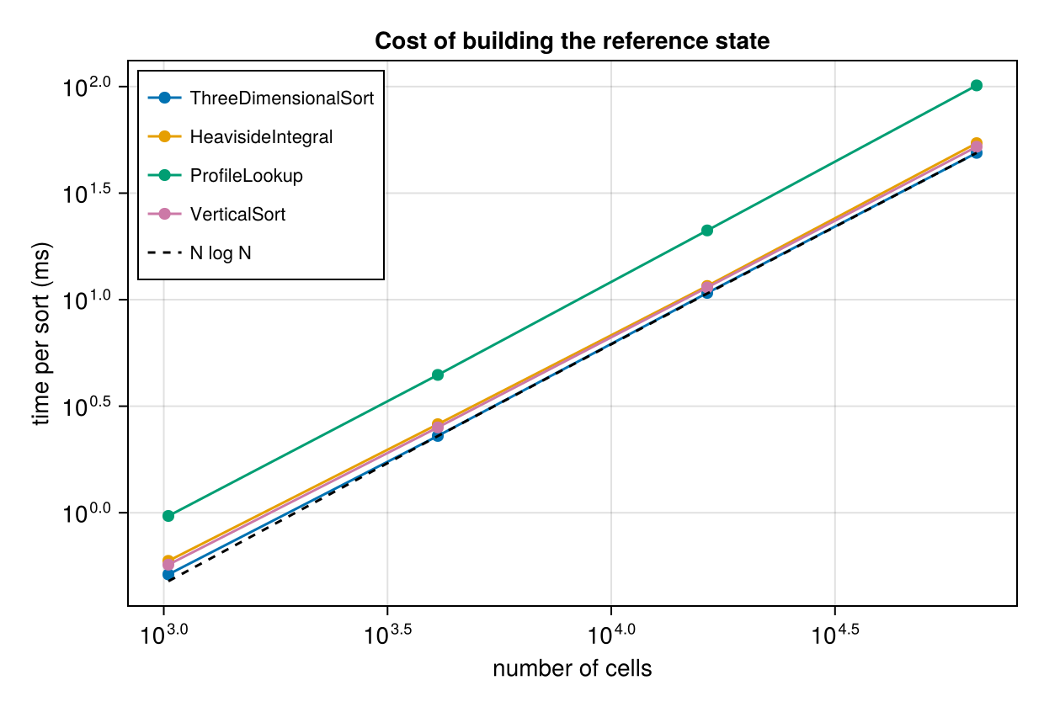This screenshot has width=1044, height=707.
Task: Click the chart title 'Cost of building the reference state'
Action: click(572, 41)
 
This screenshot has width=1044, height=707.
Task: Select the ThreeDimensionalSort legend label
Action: click(282, 98)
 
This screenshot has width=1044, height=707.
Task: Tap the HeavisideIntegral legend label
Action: click(261, 137)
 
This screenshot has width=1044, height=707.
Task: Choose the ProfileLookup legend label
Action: click(246, 176)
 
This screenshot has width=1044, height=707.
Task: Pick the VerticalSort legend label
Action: click(237, 215)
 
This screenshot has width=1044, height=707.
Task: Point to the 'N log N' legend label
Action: click(221, 253)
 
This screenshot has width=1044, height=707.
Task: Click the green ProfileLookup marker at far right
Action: click(977, 85)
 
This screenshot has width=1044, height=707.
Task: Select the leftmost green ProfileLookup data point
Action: click(168, 516)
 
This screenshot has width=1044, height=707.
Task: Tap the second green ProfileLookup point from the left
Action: click(438, 375)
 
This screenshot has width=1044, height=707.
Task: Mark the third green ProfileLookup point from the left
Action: click(707, 231)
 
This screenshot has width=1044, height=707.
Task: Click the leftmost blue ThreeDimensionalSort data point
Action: click(168, 575)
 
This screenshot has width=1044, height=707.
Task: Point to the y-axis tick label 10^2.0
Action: click(87, 87)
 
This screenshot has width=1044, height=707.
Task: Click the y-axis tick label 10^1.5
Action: click(87, 193)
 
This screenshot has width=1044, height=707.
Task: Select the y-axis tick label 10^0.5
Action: click(87, 407)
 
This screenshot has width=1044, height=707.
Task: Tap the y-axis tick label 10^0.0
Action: click(87, 513)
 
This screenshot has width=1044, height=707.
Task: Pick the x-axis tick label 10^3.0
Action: click(163, 635)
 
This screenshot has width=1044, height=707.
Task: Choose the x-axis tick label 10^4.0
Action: click(611, 635)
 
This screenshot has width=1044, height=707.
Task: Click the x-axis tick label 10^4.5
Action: click(834, 635)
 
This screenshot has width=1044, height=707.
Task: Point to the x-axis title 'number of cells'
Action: click(572, 669)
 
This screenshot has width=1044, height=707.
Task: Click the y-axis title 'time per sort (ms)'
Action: click(41, 333)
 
